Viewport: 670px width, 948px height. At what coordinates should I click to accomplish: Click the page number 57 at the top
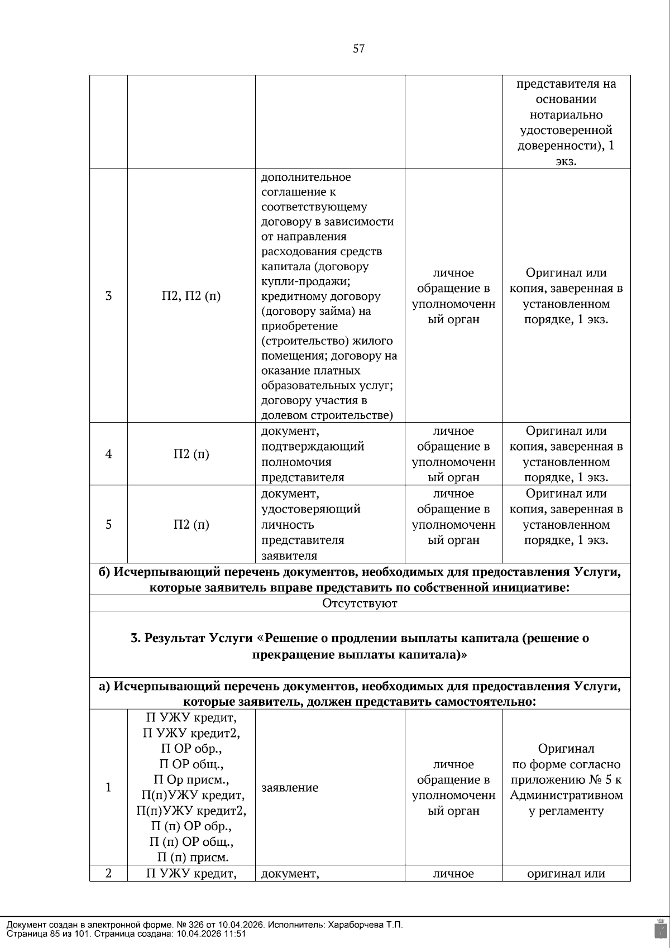(x=358, y=49)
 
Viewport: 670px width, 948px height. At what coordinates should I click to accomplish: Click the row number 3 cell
(x=108, y=296)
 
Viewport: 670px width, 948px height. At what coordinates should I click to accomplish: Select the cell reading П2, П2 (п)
(x=191, y=296)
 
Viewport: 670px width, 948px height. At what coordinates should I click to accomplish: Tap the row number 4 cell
(x=108, y=454)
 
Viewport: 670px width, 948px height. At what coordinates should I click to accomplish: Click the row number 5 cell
(x=108, y=524)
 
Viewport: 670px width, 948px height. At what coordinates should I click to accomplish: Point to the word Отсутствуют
(x=360, y=603)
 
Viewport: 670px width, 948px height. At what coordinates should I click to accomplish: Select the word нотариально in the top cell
(x=566, y=115)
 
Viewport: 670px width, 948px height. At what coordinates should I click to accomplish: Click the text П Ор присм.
(x=191, y=779)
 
